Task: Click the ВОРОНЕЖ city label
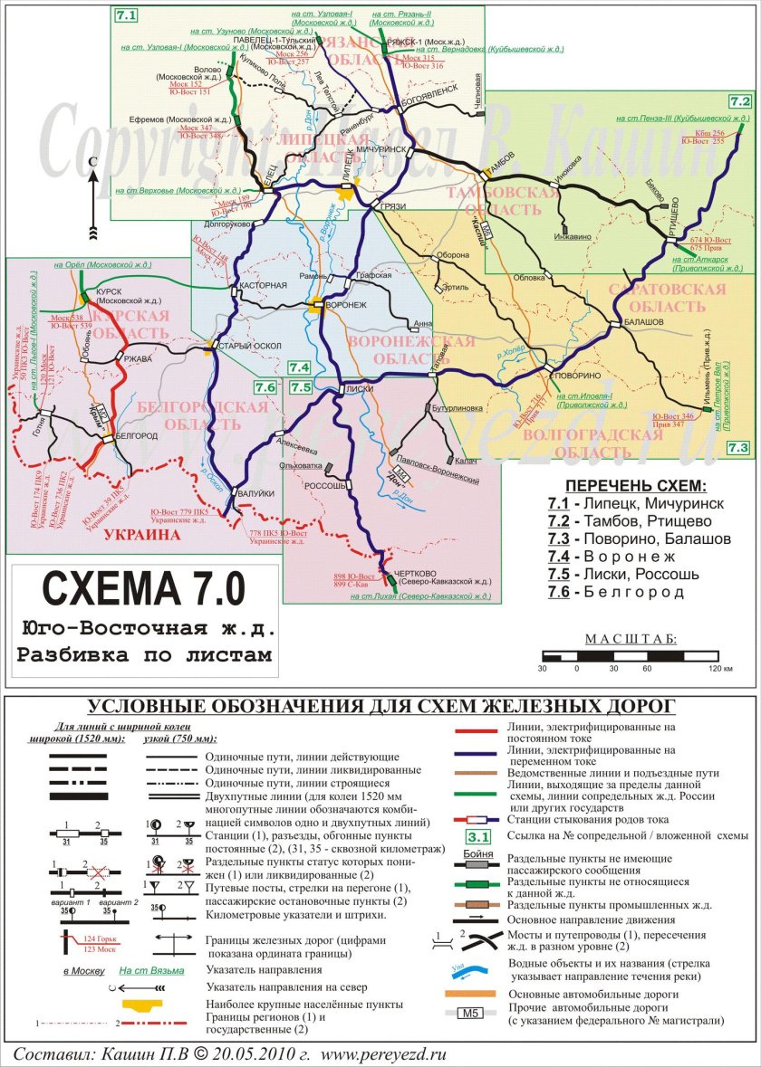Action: point(345,305)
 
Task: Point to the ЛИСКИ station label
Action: point(360,388)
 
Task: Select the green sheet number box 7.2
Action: point(740,101)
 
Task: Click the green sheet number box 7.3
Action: point(738,447)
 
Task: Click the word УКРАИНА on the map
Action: point(142,535)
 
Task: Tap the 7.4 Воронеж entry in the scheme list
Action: point(616,556)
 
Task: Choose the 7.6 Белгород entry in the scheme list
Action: point(616,592)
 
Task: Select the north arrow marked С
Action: point(92,195)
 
